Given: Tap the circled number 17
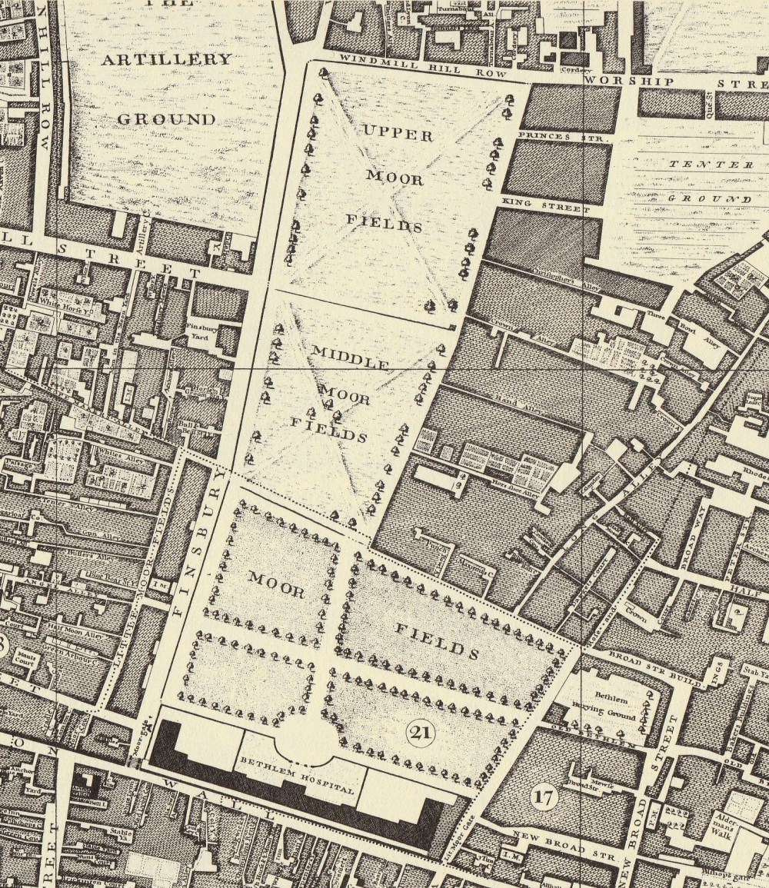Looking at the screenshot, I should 544,797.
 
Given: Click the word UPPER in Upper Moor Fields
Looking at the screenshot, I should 398,134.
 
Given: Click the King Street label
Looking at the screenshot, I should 544,204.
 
